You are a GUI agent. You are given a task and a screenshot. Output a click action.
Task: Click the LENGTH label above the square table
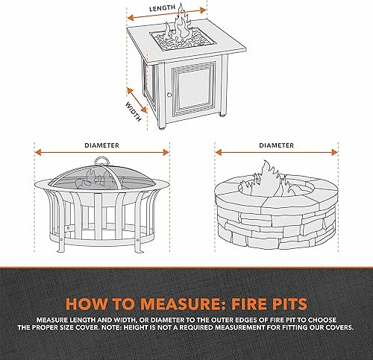click(x=162, y=8)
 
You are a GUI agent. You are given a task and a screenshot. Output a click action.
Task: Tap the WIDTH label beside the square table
click(x=134, y=112)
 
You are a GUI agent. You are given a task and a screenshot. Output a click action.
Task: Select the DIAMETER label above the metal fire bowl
click(x=101, y=145)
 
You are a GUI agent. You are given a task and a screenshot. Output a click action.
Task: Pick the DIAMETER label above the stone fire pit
click(x=276, y=145)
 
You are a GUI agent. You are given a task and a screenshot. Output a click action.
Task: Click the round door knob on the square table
click(x=169, y=95)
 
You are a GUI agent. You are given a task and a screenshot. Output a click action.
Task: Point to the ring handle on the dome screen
click(x=101, y=161)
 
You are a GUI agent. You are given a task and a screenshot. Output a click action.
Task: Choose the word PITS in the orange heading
click(x=289, y=303)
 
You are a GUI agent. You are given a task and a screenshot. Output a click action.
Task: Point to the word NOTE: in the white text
click(x=112, y=327)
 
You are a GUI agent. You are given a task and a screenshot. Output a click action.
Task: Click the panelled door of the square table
click(x=192, y=88)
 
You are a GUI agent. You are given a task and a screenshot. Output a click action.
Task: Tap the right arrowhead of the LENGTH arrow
click(x=204, y=10)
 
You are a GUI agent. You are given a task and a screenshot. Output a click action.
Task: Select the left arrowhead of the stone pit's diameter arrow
click(x=219, y=152)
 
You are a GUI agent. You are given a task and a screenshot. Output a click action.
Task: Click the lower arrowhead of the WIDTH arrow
click(x=144, y=110)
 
